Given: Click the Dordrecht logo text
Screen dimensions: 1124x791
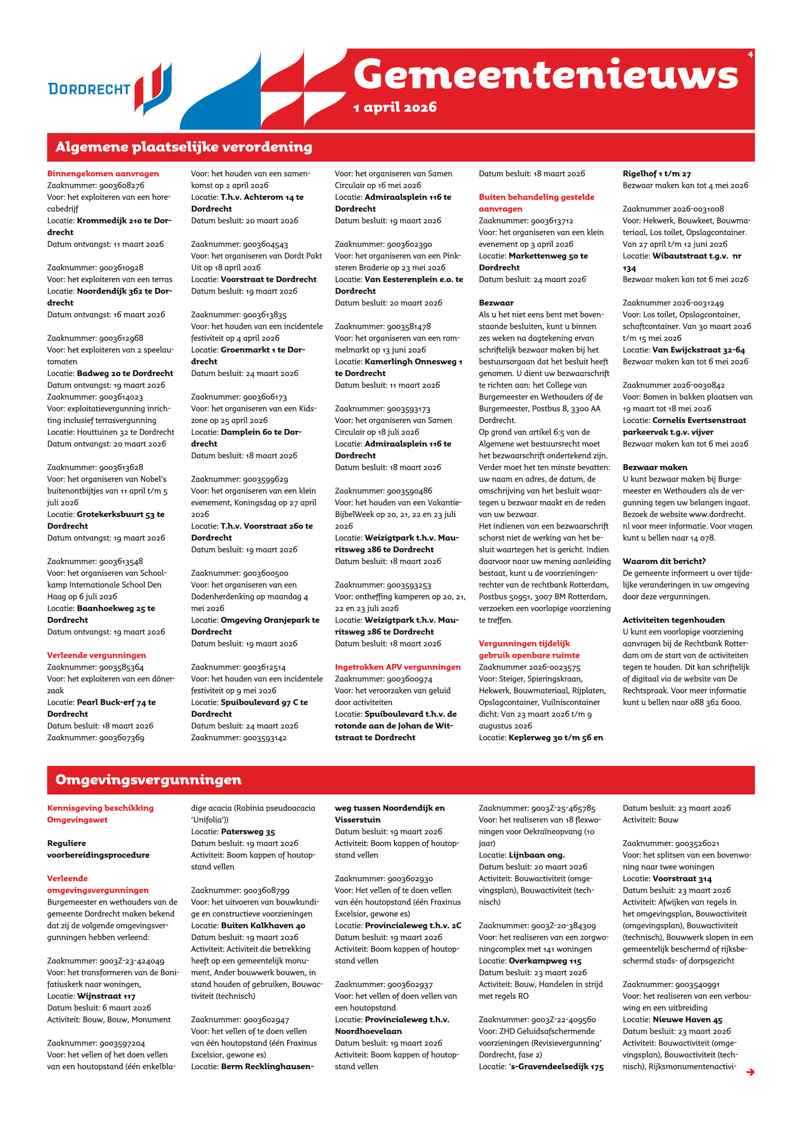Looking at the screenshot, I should [x=89, y=89].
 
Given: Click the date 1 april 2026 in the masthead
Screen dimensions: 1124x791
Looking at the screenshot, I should [x=395, y=107].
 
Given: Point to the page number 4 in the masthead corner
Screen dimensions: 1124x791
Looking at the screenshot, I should [x=750, y=55].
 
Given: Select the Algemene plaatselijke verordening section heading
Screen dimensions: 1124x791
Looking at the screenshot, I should [x=184, y=147].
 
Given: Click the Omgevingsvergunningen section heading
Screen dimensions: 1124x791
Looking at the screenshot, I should [x=148, y=780].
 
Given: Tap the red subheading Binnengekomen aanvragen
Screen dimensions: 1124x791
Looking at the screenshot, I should [x=103, y=173].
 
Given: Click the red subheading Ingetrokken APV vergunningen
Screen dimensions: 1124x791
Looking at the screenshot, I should [x=397, y=667].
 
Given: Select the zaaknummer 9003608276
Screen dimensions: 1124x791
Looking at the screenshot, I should [x=122, y=185].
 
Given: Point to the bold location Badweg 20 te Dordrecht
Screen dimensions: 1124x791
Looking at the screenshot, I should [x=125, y=373].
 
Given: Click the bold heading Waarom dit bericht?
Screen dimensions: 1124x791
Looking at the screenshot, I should [x=664, y=561].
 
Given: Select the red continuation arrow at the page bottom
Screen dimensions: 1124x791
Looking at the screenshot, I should [x=750, y=1072].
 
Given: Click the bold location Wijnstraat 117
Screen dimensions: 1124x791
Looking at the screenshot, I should [x=106, y=996].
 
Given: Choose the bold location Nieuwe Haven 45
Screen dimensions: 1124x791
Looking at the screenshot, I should [x=687, y=1020].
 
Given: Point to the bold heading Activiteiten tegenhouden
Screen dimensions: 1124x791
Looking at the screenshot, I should [x=673, y=620].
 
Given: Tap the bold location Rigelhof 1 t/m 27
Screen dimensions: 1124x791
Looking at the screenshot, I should [x=657, y=173].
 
